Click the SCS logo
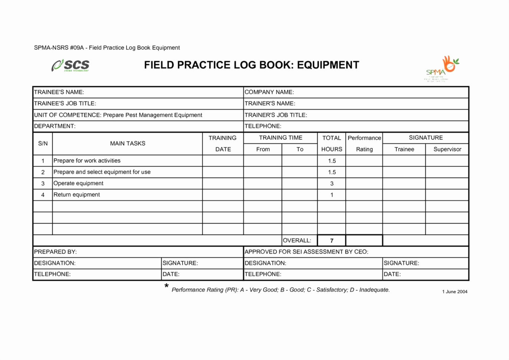coord(70,65)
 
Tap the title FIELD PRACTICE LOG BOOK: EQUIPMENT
coord(252,65)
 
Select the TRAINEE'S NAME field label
coord(59,92)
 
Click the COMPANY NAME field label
coord(269,92)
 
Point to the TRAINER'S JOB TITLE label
coord(276,115)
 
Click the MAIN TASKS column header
coord(128,144)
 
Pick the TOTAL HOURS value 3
coord(332,183)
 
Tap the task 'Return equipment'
coord(77,195)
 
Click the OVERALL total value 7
coord(332,240)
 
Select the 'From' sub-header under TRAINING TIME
coord(263,149)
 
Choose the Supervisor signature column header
coord(447,149)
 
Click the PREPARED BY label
coord(55,252)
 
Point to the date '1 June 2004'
coord(454,292)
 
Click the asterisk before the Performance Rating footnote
coord(167,286)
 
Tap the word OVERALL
coord(297,240)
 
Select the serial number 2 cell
coord(43,172)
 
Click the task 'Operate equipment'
coord(78,183)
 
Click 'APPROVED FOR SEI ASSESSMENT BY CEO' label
coord(306,252)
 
